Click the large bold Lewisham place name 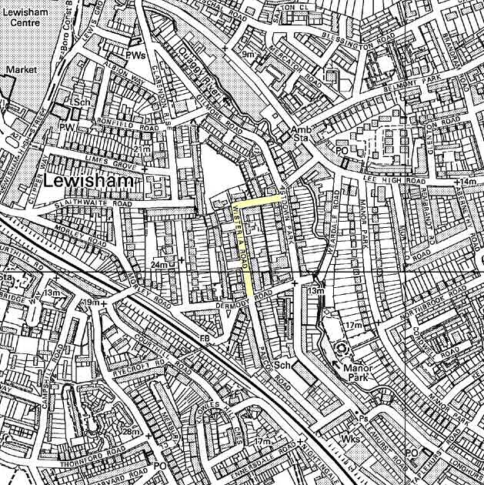[x=91, y=182]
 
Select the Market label [x=21, y=69]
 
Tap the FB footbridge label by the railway [x=205, y=339]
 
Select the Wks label [x=351, y=440]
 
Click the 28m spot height [x=132, y=433]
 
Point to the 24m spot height [x=159, y=265]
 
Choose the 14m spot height [x=468, y=182]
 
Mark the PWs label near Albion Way [x=136, y=55]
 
